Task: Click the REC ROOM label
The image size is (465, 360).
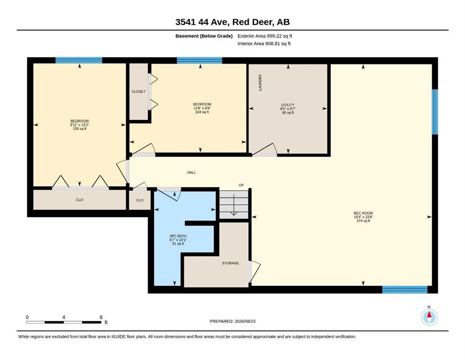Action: pos(363,213)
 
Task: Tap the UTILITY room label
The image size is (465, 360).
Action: pos(288,105)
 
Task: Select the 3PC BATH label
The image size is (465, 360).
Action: pos(178,236)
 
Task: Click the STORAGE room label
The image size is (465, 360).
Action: pos(230,263)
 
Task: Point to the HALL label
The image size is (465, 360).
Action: pos(191,172)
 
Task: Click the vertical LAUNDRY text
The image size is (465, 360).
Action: pos(260,82)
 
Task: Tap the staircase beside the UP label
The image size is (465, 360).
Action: pos(234,205)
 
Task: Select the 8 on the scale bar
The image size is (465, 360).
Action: pos(101,317)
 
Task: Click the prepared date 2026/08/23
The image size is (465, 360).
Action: pos(245,321)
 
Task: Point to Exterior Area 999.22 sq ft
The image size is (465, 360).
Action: pos(265,36)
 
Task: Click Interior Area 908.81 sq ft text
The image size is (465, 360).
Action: pos(264,44)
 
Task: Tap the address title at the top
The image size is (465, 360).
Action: pos(232,22)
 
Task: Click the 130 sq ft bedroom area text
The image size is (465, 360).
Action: pos(80,129)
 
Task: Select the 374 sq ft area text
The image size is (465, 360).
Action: pos(363,221)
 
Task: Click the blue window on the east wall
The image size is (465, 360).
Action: pos(435,112)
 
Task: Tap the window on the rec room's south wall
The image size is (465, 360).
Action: pos(405,290)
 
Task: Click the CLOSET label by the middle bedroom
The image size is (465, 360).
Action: pos(139,91)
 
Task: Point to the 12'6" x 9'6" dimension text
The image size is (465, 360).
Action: pos(202,108)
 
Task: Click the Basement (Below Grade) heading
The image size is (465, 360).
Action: pos(204,36)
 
